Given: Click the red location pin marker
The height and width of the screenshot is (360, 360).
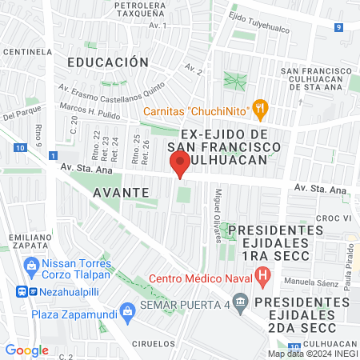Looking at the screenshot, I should pos(180,164).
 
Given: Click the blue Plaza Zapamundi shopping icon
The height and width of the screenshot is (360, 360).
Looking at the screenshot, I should pos(126,310).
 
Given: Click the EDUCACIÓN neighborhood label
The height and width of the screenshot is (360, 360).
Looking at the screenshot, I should pos(108,62).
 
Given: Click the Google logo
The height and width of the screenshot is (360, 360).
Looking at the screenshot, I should pos(26,350).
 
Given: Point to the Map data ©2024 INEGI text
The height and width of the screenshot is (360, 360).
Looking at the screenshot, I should pos(312,354).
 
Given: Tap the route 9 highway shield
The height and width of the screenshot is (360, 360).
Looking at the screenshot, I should pos(339,27).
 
